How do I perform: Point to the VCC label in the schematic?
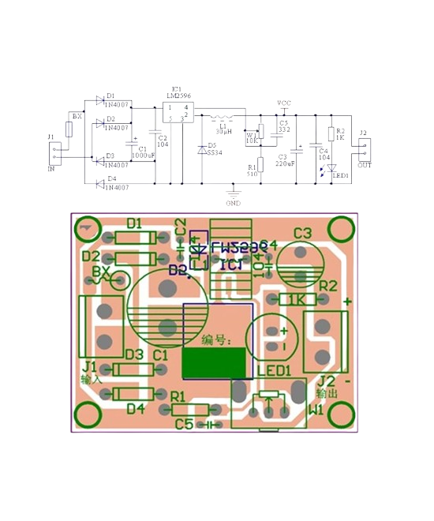284,103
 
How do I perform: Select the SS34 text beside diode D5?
214,152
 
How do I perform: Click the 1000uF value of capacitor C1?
143,156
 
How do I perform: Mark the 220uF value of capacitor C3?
286,163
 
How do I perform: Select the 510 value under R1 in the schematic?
253,174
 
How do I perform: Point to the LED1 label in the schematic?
340,176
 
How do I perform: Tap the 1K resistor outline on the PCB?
298,300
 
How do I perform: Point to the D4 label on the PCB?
136,408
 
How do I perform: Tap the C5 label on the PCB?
184,425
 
